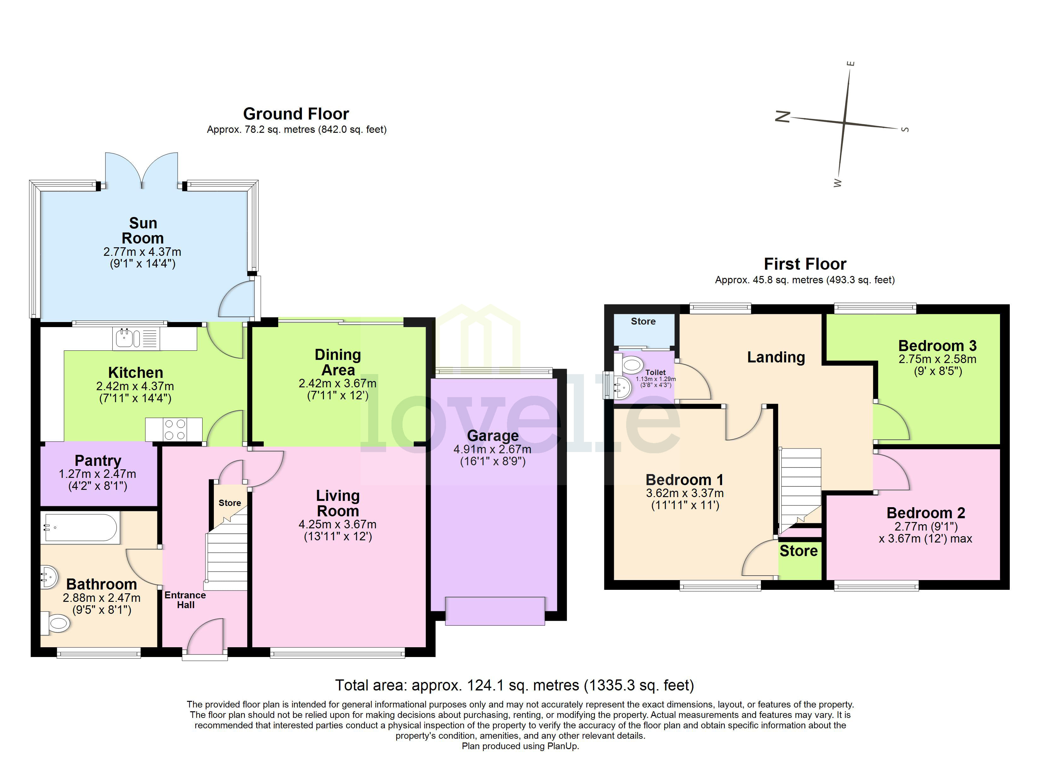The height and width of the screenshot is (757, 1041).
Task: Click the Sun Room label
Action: [143, 231]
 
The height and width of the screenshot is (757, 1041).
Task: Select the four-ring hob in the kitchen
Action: [175, 430]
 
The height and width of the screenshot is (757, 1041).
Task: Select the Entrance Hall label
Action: [185, 600]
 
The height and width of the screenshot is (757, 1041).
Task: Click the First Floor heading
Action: [805, 264]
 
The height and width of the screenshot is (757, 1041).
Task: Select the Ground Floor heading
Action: [296, 114]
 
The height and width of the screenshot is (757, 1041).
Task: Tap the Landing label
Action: [776, 357]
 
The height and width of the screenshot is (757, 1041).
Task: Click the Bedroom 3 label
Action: [937, 346]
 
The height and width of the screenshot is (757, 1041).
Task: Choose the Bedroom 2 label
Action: [925, 513]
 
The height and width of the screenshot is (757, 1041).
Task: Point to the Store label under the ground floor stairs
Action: [230, 503]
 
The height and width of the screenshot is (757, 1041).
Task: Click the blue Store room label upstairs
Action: [643, 321]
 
